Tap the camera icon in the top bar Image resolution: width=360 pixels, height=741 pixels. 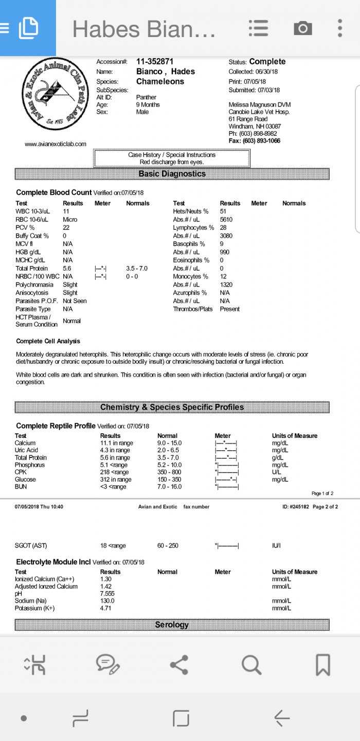[x=303, y=28]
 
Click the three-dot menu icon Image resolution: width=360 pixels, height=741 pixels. [x=340, y=28]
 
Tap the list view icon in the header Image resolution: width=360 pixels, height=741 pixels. [x=258, y=28]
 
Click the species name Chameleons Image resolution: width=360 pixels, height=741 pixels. [x=160, y=81]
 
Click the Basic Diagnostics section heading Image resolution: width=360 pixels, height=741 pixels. [x=172, y=174]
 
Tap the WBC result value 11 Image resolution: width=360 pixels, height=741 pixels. [x=66, y=211]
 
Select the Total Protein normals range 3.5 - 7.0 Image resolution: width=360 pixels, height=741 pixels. [x=137, y=269]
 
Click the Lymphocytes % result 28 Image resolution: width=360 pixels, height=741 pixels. [x=223, y=227]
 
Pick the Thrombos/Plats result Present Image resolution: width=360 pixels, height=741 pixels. [x=230, y=309]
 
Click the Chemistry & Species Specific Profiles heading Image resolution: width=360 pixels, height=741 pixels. [x=172, y=407]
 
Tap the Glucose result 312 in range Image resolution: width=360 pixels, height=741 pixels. [x=116, y=480]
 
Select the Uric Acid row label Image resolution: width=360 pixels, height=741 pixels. [x=26, y=450]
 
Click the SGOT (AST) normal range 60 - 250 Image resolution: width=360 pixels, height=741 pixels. [x=168, y=545]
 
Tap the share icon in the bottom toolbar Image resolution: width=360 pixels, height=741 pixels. [x=179, y=665]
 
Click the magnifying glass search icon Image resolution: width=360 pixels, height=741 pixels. [x=251, y=665]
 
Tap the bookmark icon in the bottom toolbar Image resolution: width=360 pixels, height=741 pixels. [x=322, y=665]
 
